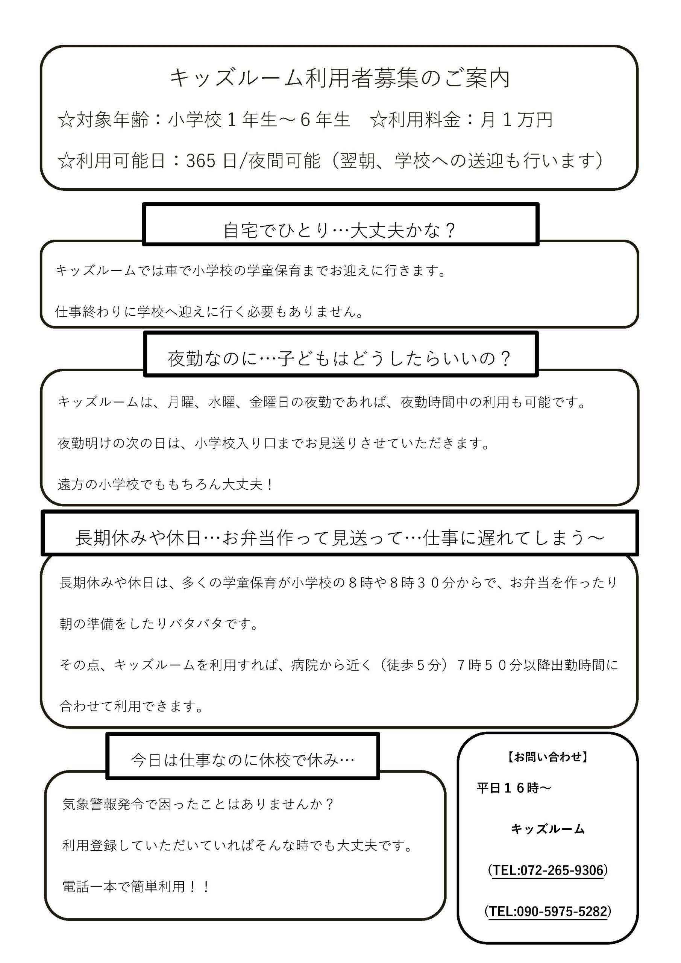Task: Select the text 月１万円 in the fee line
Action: click(x=517, y=120)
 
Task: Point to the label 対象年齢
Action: click(x=112, y=120)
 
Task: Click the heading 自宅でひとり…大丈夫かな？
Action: click(x=340, y=230)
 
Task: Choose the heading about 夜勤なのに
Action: click(x=340, y=358)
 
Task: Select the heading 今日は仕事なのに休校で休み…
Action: click(x=243, y=759)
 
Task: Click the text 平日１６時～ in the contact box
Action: click(x=514, y=788)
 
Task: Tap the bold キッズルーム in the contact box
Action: click(x=548, y=829)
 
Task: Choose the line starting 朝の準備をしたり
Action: click(x=160, y=624)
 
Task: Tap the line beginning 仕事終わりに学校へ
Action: click(x=210, y=311)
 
